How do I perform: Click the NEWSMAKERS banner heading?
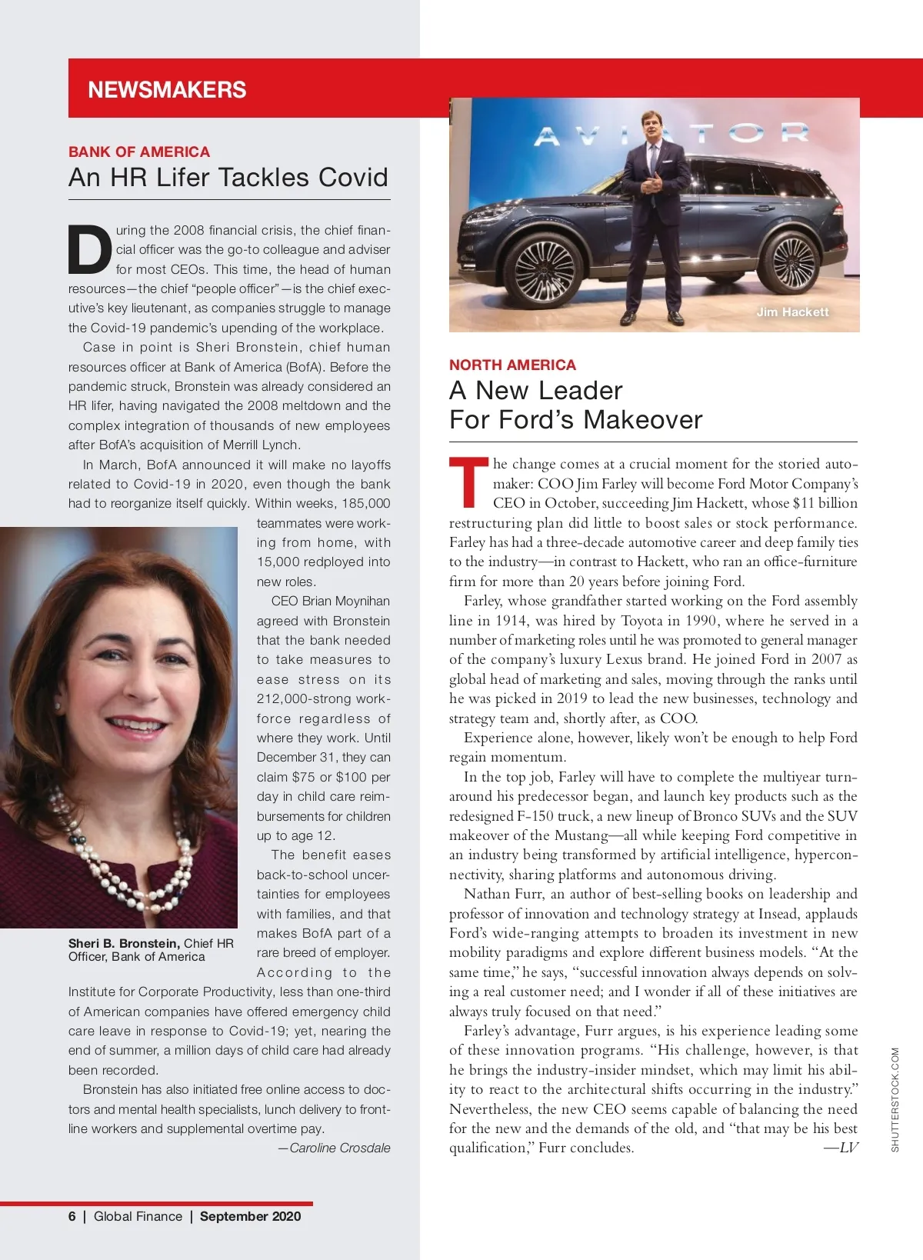click(x=167, y=90)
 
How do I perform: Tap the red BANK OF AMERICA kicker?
click(x=139, y=152)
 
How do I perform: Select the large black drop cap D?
click(x=89, y=249)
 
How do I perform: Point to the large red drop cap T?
click(x=468, y=482)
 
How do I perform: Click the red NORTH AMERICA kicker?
click(x=512, y=365)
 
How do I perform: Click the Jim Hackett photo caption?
click(x=792, y=312)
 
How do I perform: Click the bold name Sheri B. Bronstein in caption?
click(x=124, y=943)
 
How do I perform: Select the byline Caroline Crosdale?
click(x=339, y=1148)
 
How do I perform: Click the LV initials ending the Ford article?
click(x=848, y=1148)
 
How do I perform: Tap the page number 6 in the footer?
click(x=72, y=1216)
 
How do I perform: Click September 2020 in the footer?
click(x=250, y=1216)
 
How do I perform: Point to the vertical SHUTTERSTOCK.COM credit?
click(x=895, y=1099)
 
